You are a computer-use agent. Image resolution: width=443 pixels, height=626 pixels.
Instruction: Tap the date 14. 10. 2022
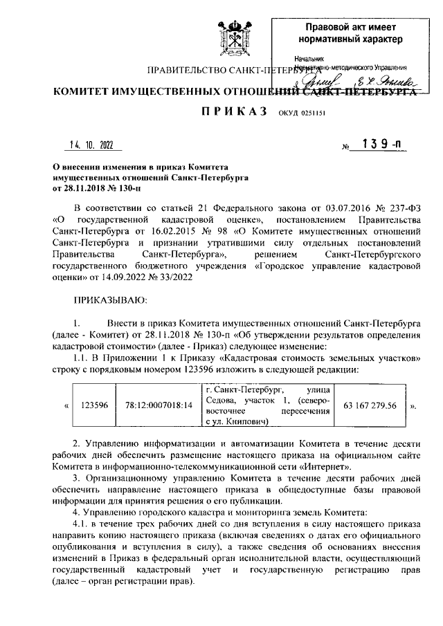(91, 145)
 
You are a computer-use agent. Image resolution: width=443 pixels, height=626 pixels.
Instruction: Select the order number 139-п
(377, 145)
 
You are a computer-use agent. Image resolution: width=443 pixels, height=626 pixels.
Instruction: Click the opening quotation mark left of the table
(66, 405)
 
